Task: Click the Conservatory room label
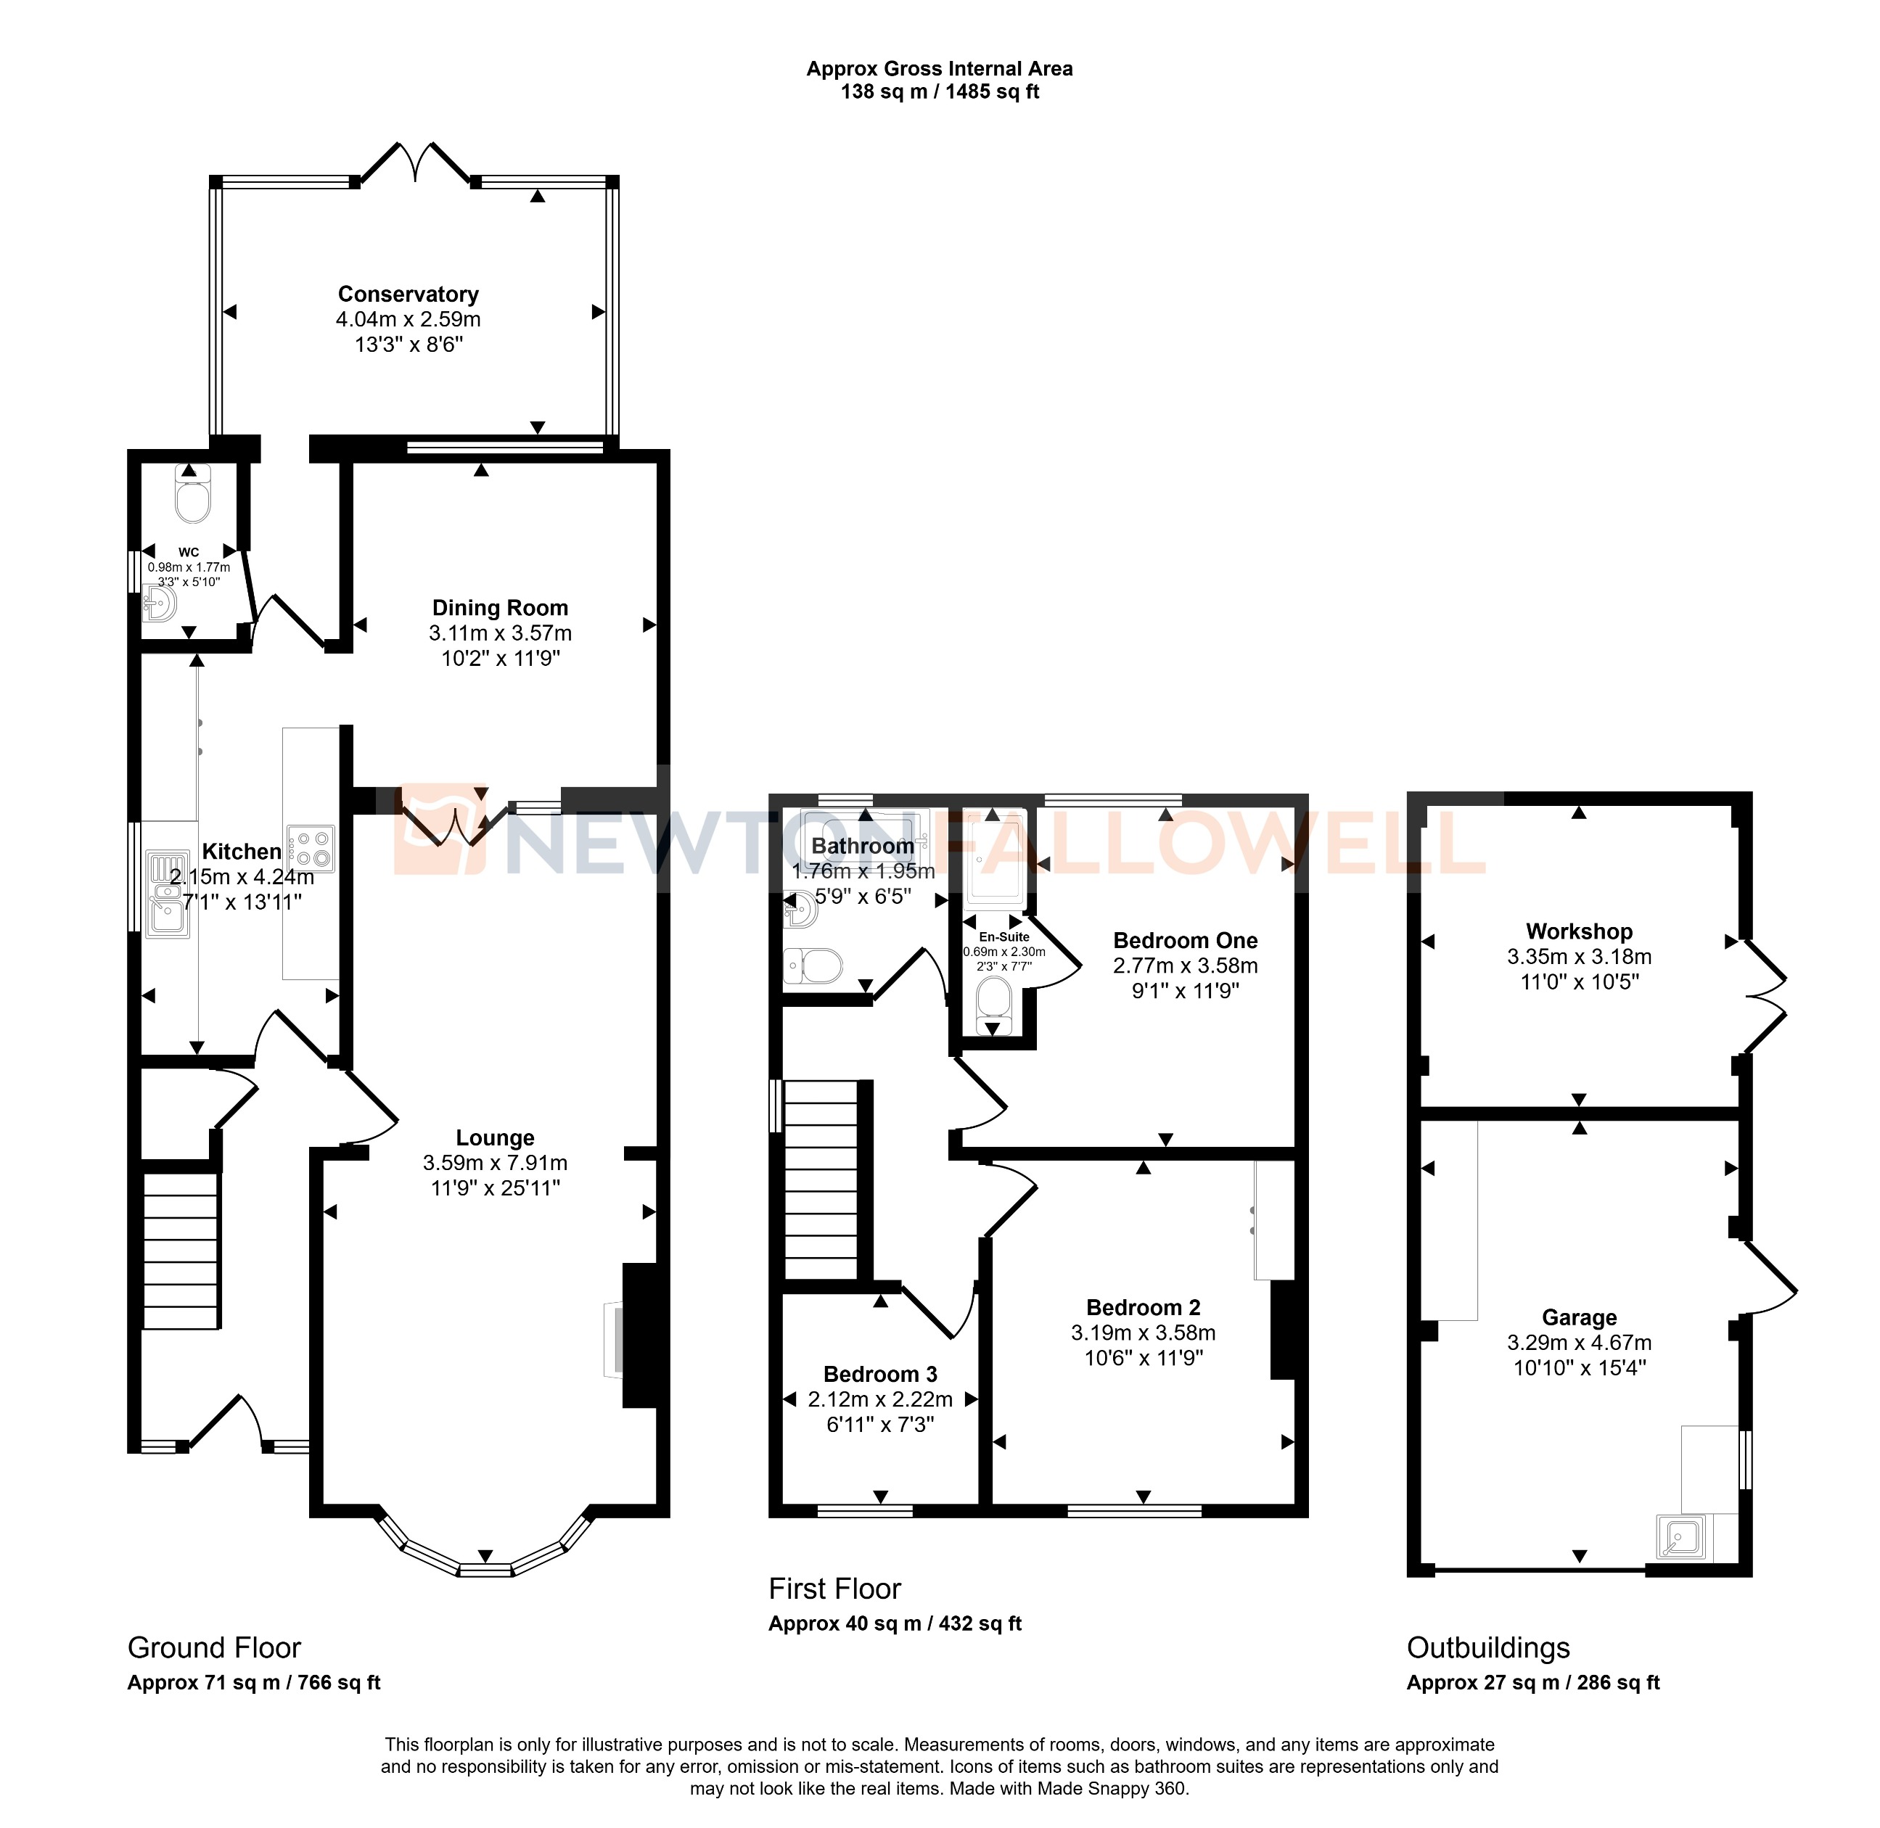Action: point(408,295)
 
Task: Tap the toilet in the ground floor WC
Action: point(193,498)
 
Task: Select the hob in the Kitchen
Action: point(309,849)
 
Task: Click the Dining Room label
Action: point(499,608)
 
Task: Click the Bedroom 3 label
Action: point(879,1374)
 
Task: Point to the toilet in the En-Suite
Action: point(993,1000)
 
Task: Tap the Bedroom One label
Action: point(1185,941)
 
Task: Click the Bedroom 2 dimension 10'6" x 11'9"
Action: point(1143,1357)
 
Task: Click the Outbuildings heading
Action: point(1487,1648)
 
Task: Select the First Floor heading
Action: point(834,1589)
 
